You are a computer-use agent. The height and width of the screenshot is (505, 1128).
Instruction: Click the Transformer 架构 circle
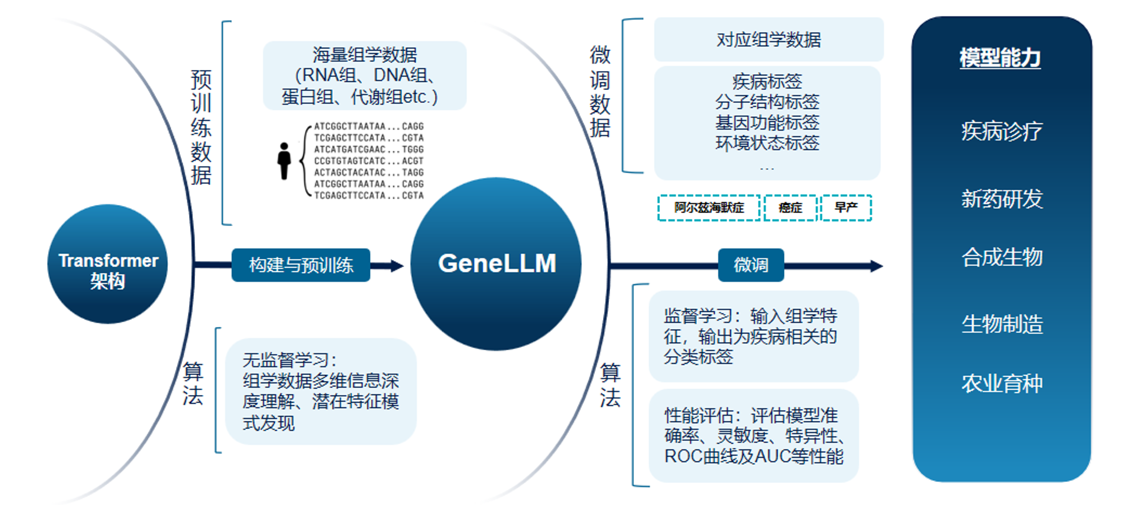[107, 263]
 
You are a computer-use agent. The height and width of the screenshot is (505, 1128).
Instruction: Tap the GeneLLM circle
[496, 263]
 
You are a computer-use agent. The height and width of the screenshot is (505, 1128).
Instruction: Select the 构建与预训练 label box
[301, 265]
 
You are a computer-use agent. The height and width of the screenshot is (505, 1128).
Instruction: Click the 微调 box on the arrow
[751, 265]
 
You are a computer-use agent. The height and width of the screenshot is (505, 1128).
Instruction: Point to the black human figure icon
[284, 161]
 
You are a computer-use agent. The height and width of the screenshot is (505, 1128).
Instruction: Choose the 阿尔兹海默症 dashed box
[709, 207]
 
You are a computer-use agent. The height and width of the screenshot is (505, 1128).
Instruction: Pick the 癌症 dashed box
[790, 207]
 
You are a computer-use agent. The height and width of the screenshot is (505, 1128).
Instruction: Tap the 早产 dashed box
[846, 207]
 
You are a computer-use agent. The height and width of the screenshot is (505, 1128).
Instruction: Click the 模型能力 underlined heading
[1000, 58]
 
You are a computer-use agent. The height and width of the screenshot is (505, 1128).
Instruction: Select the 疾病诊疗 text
[1001, 131]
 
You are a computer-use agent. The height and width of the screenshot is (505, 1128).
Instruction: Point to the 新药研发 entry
[1001, 198]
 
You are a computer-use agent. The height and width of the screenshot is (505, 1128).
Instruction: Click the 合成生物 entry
[1001, 257]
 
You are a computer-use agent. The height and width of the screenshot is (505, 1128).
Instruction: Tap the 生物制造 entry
[1001, 324]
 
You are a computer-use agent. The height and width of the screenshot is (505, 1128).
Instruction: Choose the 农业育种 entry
[1001, 383]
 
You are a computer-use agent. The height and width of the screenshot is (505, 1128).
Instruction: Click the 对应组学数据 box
[768, 39]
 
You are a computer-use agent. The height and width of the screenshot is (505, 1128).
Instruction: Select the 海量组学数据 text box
[364, 75]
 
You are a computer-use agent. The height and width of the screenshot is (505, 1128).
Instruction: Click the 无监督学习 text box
[320, 391]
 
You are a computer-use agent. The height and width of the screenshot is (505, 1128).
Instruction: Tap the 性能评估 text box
[753, 435]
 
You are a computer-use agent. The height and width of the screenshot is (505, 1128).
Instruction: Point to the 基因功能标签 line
[767, 122]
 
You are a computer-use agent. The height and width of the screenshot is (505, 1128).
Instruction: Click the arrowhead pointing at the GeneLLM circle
[397, 265]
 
